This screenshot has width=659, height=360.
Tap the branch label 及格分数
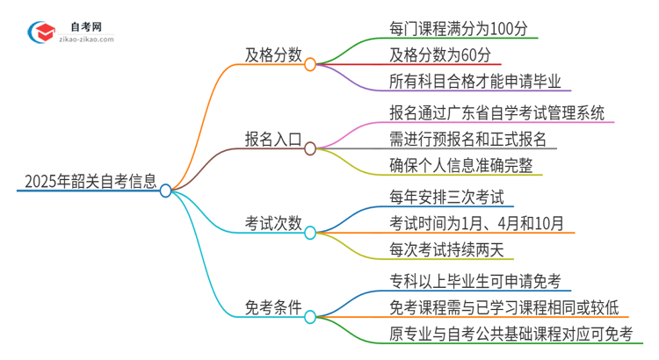point(273,54)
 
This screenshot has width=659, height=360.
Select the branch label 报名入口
point(273,139)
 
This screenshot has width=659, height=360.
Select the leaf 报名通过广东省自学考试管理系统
point(496,113)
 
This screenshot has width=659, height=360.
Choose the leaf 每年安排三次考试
point(445,198)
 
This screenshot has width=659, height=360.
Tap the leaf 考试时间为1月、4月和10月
point(476,223)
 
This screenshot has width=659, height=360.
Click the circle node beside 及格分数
point(310,63)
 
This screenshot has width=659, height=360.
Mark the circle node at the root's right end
point(165,190)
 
